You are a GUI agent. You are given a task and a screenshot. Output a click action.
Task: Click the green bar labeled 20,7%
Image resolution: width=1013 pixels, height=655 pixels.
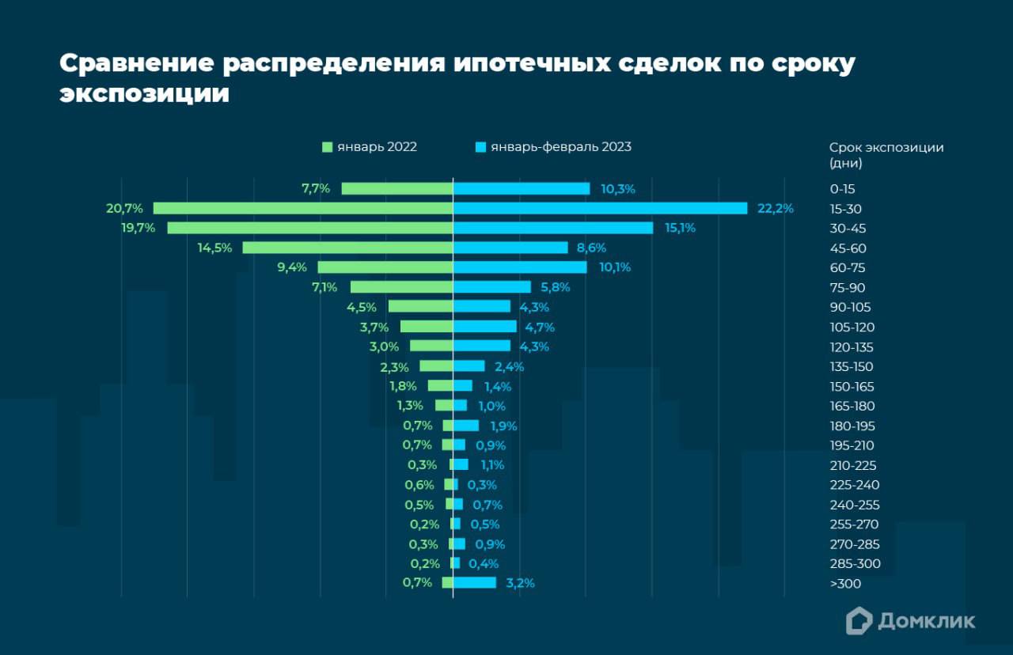click(302, 208)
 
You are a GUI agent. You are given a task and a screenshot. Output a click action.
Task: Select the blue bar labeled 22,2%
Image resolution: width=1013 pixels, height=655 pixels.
click(600, 208)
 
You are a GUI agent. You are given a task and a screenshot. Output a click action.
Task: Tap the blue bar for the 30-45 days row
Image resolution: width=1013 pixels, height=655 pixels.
click(553, 228)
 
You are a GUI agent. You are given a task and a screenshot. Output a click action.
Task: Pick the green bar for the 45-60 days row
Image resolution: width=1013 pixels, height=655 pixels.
click(347, 248)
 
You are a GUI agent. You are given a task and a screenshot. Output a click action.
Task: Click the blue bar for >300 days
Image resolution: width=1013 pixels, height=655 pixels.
click(475, 583)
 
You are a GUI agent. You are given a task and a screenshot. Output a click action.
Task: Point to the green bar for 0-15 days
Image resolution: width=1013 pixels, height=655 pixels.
click(396, 188)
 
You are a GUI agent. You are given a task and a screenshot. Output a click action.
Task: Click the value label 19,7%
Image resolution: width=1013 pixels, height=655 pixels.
click(139, 228)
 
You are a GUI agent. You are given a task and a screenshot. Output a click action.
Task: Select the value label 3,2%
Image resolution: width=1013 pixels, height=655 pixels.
click(520, 583)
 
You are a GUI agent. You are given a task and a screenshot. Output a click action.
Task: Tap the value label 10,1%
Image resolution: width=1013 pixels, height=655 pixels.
click(615, 267)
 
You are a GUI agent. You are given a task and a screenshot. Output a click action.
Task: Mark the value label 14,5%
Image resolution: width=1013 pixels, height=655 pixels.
click(214, 248)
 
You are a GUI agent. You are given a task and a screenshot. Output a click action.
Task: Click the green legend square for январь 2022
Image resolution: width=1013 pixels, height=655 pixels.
click(327, 147)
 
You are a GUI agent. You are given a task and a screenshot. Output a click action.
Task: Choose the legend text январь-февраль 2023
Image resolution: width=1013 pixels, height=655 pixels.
click(560, 147)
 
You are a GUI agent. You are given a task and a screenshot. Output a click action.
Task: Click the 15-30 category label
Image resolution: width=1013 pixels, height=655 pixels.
click(846, 209)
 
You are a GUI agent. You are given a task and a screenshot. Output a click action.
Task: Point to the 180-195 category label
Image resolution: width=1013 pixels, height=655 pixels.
click(852, 426)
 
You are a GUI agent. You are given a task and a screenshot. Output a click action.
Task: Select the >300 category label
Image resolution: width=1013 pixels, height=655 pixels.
click(845, 584)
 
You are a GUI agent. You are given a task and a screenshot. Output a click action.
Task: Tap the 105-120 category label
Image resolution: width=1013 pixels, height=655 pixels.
click(852, 327)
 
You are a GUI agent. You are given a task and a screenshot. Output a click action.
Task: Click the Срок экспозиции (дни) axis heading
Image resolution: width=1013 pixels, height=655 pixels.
click(886, 155)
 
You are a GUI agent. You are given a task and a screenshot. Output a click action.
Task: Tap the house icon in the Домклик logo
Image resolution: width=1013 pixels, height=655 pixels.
click(859, 621)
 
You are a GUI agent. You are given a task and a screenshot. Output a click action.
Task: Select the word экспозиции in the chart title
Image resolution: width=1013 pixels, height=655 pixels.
click(145, 93)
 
